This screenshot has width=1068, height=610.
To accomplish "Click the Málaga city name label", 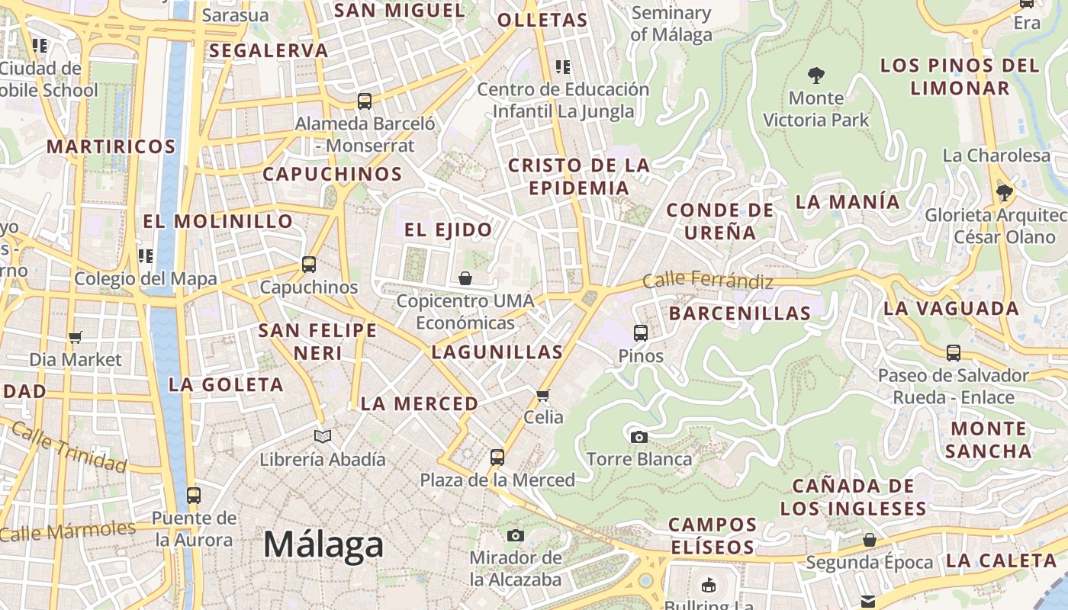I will (323, 544).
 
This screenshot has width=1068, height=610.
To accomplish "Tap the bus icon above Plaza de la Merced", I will (497, 457).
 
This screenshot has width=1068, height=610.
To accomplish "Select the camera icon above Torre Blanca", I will (639, 437).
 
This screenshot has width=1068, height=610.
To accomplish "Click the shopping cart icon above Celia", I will (543, 394).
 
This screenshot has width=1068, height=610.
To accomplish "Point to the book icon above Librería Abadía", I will (323, 436).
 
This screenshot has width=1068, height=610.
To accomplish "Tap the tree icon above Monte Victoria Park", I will (815, 75).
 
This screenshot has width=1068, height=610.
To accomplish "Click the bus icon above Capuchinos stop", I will (308, 265).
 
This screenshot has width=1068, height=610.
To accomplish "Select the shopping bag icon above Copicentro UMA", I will (465, 278).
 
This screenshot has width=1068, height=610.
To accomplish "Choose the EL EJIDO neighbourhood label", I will (448, 230).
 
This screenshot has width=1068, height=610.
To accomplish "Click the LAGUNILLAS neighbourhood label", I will (497, 352).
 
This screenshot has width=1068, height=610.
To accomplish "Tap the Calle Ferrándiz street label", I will (707, 281).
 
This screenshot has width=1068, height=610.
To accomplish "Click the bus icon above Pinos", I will (641, 332).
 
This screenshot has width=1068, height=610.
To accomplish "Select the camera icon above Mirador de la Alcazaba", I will (516, 535).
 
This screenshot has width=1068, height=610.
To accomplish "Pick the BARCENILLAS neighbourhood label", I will (739, 313).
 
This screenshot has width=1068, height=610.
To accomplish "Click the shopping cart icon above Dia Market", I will (75, 337).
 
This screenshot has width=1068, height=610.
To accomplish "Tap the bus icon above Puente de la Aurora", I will (194, 496).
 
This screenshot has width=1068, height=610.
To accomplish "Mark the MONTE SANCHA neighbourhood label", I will (988, 439).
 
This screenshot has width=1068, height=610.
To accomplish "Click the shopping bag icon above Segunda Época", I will (869, 541).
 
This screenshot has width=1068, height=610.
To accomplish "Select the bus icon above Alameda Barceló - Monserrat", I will (365, 101).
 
